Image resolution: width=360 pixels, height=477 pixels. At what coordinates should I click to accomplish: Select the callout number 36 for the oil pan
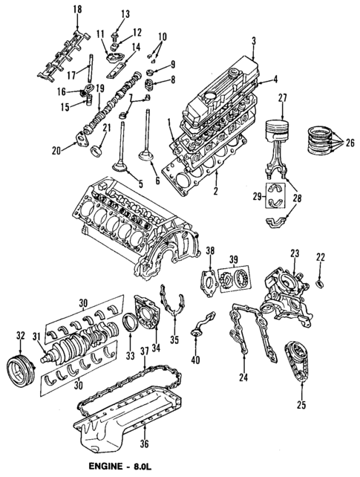(x=144, y=445)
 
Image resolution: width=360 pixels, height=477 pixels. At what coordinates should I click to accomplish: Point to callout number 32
(x=20, y=335)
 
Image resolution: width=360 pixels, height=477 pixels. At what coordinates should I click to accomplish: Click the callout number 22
(x=321, y=257)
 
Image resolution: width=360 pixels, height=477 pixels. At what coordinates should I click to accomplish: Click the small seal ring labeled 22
(x=320, y=284)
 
